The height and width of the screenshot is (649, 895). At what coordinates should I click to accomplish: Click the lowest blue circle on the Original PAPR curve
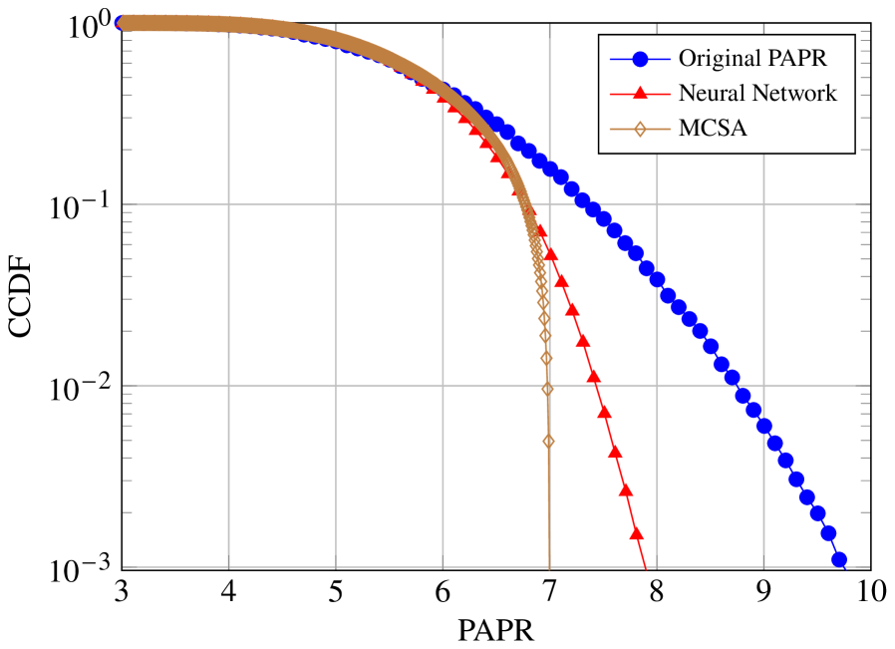click(x=839, y=560)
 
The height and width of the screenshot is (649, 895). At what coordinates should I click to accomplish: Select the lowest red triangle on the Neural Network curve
click(x=636, y=533)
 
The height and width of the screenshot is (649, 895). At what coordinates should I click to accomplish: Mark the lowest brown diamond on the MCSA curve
click(x=548, y=441)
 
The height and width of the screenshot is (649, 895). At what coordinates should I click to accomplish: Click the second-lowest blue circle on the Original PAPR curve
click(x=828, y=533)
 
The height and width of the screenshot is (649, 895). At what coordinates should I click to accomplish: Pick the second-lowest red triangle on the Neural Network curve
click(x=626, y=488)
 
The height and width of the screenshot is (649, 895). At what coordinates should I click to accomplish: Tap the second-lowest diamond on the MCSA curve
click(x=547, y=390)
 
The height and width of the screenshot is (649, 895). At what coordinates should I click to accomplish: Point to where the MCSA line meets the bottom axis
click(x=549, y=567)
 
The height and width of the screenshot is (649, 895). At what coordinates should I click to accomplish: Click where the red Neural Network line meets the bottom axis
click(x=646, y=567)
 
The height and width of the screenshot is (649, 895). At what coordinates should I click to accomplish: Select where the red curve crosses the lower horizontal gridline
click(x=596, y=385)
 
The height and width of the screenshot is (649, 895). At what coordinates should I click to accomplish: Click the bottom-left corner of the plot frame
click(x=123, y=567)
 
